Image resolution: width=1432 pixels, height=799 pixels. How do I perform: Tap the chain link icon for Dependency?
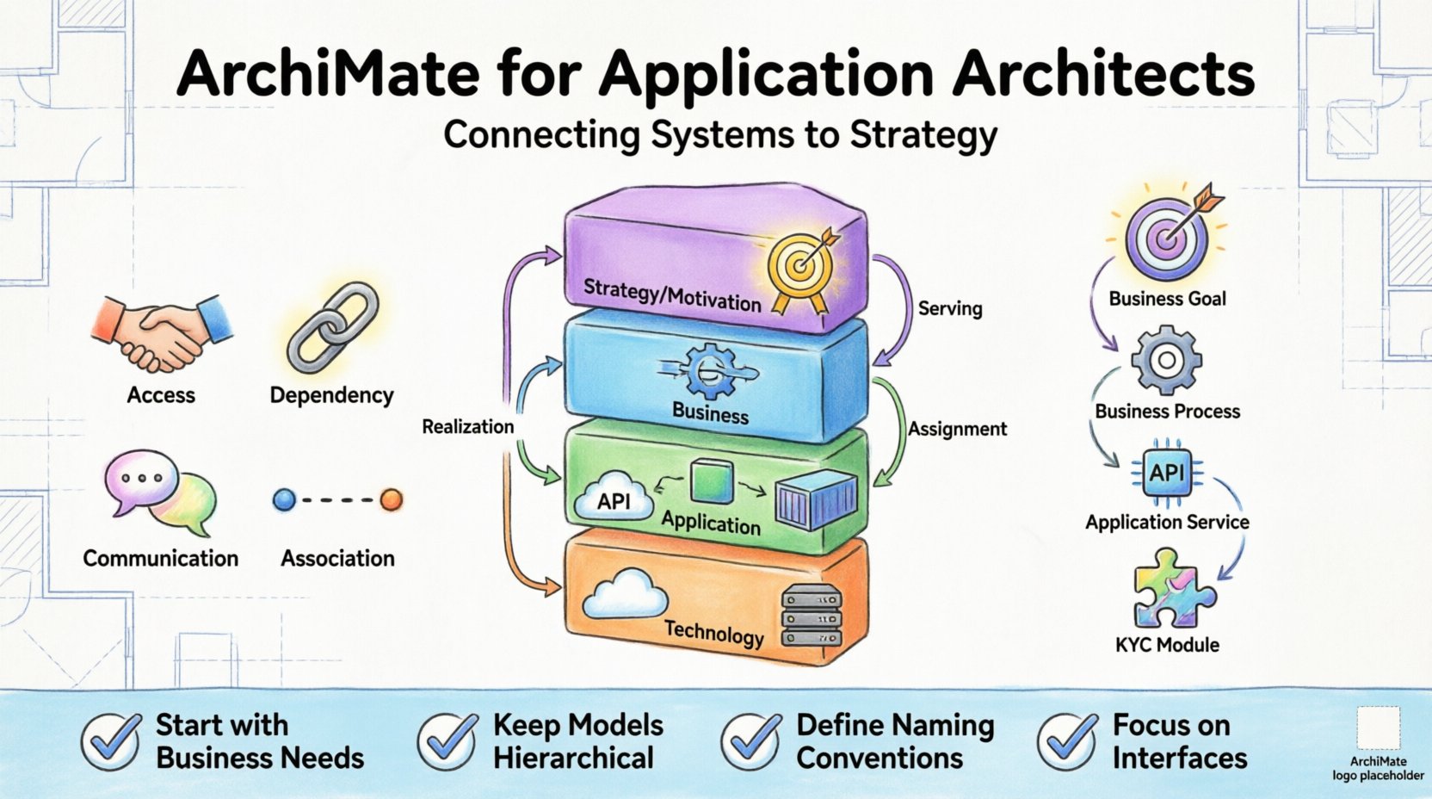coord(332,327)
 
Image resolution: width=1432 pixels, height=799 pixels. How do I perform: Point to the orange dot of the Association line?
coord(392,499)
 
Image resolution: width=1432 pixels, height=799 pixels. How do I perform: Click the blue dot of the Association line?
coord(284,499)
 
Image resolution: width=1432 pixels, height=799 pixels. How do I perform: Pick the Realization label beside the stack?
coord(467,426)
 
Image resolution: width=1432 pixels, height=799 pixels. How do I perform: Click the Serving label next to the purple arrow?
coord(949,308)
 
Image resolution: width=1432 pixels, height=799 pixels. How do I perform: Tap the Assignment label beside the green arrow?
coord(957,429)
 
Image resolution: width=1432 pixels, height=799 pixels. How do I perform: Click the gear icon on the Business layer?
coord(710,371)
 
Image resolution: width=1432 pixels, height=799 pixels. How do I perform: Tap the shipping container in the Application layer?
coord(816,499)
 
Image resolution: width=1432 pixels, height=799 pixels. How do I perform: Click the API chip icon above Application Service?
coord(1167,473)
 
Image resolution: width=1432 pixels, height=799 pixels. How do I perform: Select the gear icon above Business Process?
coord(1166,361)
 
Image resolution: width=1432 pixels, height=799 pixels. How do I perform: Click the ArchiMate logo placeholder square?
coord(1378,728)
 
